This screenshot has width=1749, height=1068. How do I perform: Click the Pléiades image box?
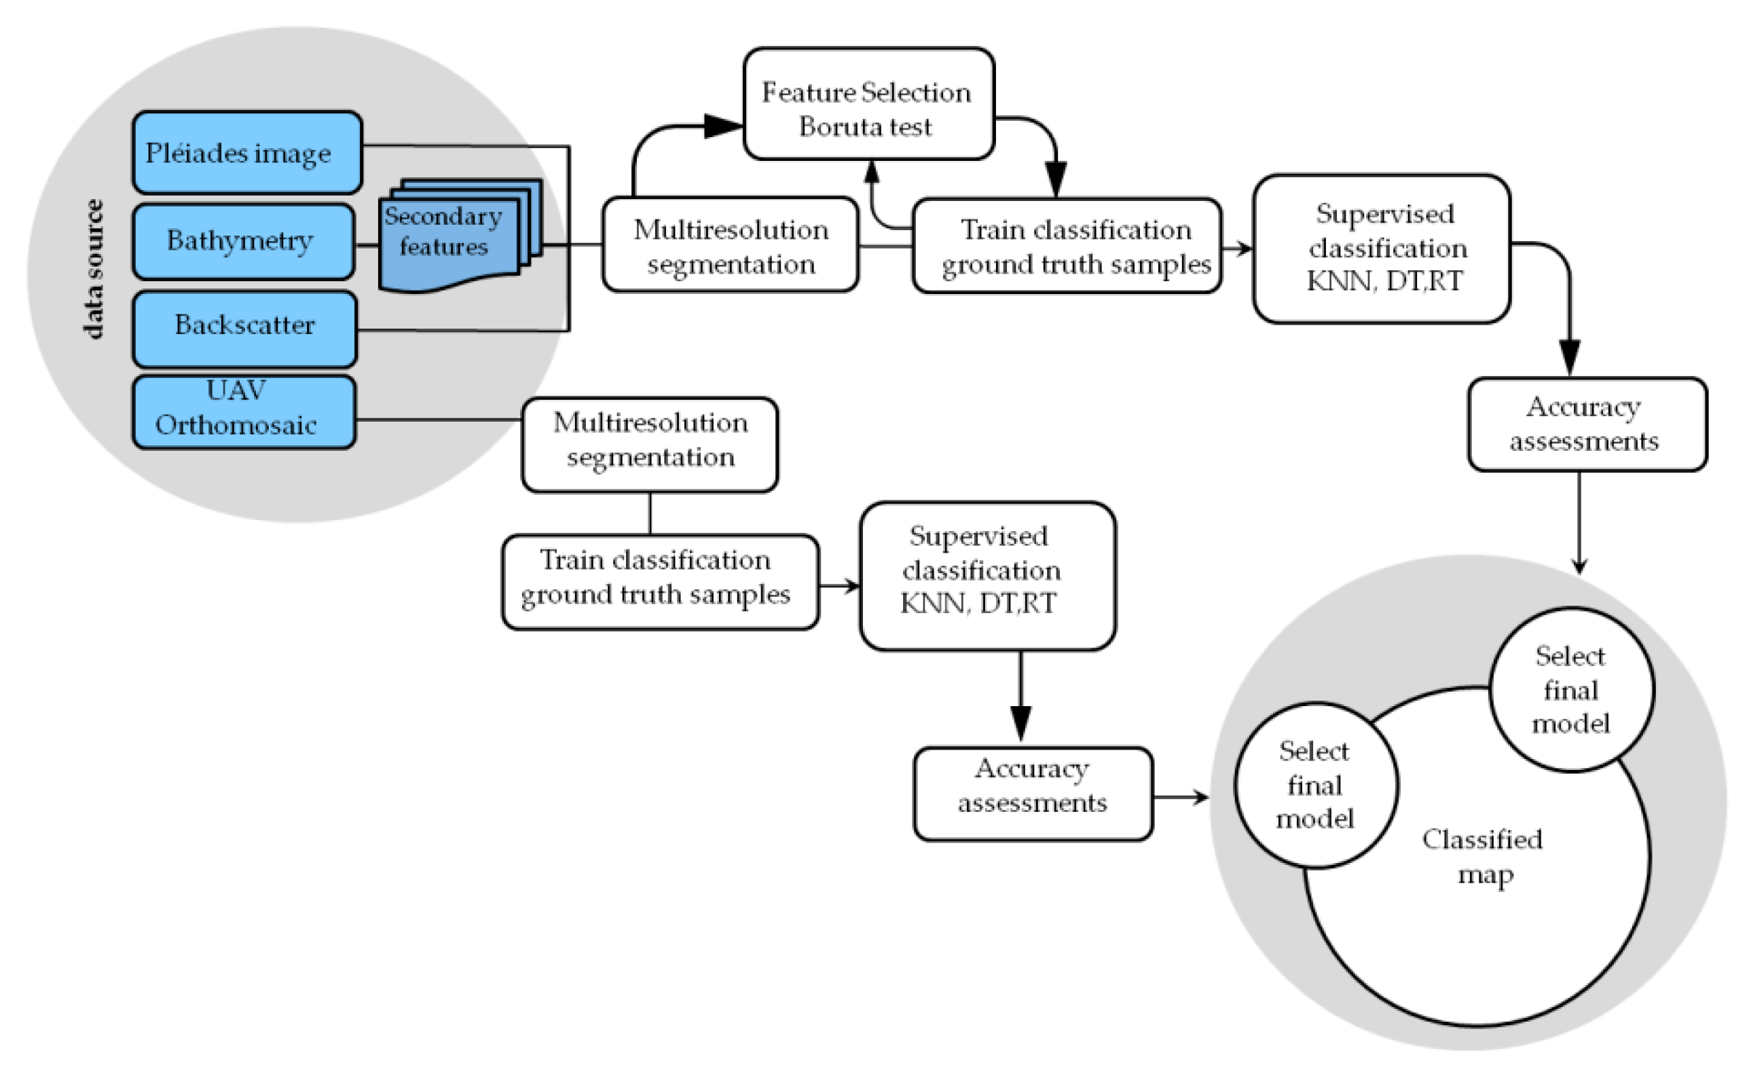(x=247, y=152)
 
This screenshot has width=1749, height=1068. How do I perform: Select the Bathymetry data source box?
(x=244, y=241)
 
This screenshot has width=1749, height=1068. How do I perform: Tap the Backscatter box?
(x=244, y=329)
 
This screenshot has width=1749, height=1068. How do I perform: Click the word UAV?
(x=236, y=390)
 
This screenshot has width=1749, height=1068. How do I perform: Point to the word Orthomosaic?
(x=236, y=425)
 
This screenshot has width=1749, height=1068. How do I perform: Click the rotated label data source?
(x=93, y=269)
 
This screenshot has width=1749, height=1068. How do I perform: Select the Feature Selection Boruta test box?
(x=868, y=104)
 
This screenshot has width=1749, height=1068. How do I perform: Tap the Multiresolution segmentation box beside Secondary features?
(x=731, y=245)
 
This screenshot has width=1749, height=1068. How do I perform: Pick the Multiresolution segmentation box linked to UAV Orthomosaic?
(x=650, y=445)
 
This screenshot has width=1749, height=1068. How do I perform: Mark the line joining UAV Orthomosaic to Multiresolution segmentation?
(x=439, y=420)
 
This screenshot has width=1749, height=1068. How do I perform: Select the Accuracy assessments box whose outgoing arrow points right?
(x=1033, y=794)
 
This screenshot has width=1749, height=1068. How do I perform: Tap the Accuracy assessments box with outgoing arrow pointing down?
(x=1587, y=424)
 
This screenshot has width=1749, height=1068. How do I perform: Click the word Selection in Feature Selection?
(x=917, y=93)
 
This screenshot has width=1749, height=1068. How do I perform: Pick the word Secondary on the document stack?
(x=443, y=216)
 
